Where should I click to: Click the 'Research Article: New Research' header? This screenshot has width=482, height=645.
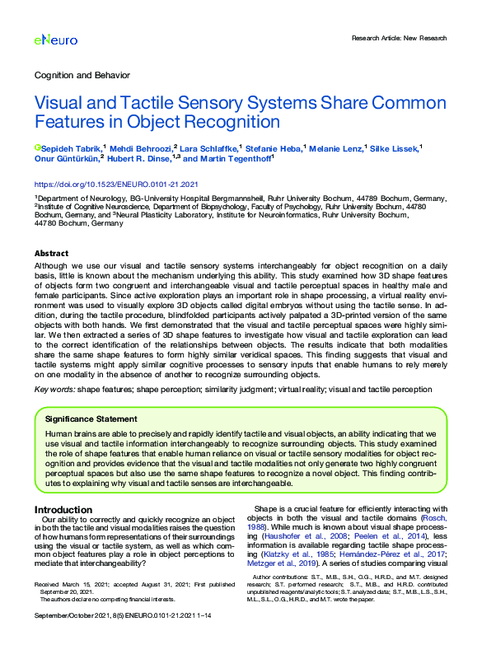pos(399,38)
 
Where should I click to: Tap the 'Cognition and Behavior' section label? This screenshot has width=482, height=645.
pos(82,75)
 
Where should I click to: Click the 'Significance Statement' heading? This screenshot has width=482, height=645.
pos(91,418)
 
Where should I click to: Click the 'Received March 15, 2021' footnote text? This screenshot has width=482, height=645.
pos(70,583)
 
